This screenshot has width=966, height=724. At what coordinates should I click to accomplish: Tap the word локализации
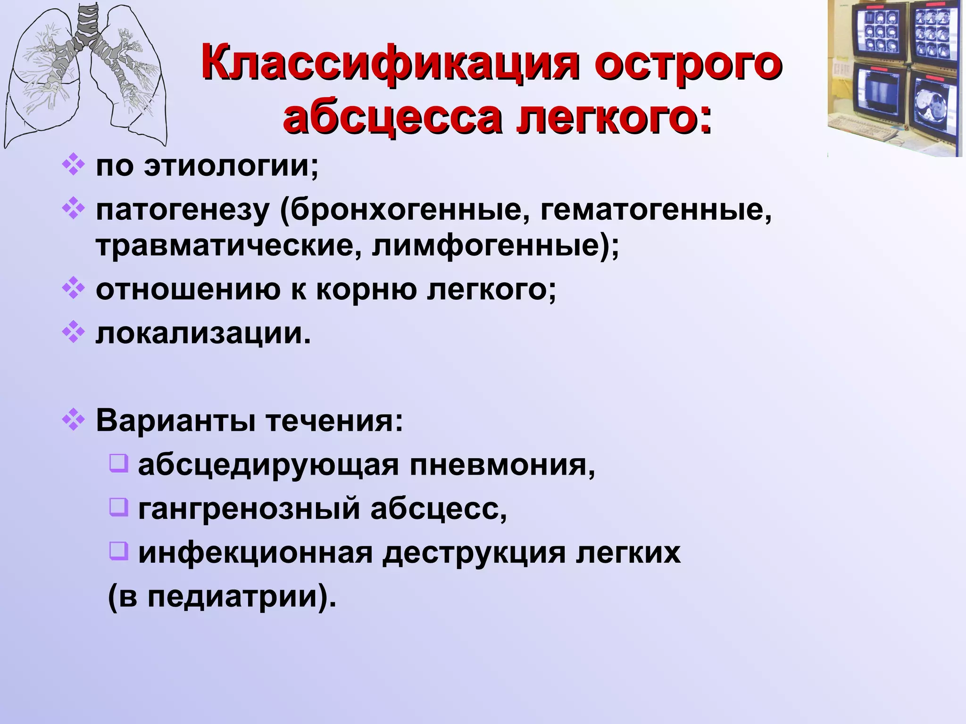point(203,333)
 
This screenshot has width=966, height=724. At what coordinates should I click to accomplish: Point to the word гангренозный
point(249,509)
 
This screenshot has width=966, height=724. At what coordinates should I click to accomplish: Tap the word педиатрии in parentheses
point(232,597)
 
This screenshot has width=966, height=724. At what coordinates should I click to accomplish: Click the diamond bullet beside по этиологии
point(74,165)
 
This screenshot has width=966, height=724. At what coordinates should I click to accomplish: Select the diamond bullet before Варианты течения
point(74,419)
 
